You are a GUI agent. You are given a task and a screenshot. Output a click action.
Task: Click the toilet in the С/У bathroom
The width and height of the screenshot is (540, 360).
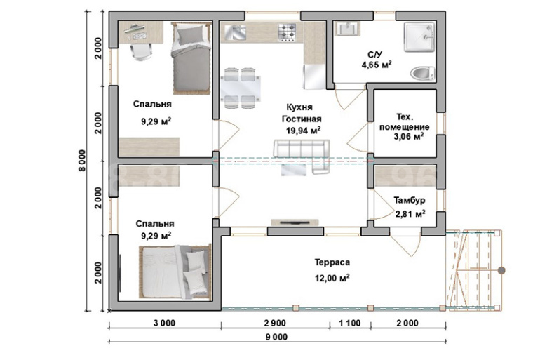[422, 74]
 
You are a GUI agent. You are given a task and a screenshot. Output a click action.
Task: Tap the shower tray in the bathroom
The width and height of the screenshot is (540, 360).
[419, 37]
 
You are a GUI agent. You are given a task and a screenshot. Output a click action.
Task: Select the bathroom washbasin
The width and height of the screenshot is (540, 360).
[347, 29]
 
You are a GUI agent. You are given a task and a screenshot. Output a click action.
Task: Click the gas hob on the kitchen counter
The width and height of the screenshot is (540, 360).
[287, 32]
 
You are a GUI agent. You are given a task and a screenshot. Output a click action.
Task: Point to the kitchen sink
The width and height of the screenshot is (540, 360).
[235, 32]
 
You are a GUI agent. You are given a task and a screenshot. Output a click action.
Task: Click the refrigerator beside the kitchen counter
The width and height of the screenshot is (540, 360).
[314, 76]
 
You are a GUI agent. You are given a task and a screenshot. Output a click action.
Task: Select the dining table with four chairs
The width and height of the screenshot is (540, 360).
[240, 88]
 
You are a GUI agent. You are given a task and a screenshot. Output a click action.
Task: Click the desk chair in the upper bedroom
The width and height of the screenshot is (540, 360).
[141, 52]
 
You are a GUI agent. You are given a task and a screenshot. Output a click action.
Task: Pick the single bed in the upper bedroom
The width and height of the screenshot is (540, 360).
[191, 58]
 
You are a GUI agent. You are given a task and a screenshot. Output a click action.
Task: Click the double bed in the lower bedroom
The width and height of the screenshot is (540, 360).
[175, 271]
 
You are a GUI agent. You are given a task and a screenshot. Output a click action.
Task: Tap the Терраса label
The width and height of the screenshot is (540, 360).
[332, 262]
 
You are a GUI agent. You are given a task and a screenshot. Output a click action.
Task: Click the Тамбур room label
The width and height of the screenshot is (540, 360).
[410, 200]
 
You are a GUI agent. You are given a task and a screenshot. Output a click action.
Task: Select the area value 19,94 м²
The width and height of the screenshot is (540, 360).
[304, 131]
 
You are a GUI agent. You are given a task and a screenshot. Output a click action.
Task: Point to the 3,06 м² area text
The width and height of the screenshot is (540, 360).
[409, 136]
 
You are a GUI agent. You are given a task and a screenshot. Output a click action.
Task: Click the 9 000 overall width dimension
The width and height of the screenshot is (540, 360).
[276, 337]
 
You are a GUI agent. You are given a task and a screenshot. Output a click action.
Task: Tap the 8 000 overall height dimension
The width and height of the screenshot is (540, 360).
[83, 160]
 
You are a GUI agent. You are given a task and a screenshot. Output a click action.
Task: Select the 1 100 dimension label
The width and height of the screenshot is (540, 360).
[350, 323]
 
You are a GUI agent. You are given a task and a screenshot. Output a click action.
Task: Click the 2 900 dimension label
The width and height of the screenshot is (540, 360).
[275, 323]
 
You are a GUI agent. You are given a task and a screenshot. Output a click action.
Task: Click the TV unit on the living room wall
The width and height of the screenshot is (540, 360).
[295, 222]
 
